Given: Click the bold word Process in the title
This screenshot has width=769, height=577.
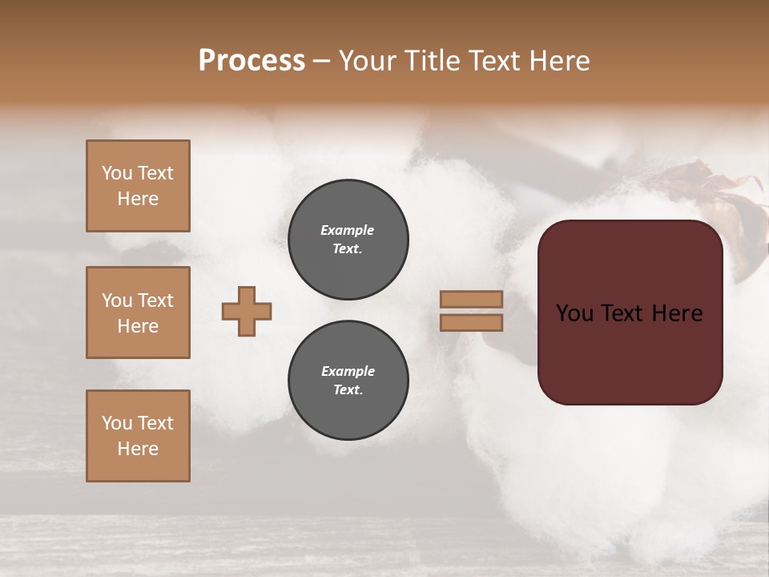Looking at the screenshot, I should (252, 61).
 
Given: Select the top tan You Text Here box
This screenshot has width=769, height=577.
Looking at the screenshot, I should (138, 186).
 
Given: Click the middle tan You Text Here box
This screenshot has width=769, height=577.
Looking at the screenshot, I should (138, 313).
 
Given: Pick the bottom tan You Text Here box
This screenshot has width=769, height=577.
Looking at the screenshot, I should (138, 436).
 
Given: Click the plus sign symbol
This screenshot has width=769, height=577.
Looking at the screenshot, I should (247, 311).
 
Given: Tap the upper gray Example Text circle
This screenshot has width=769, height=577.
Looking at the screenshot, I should (348, 240).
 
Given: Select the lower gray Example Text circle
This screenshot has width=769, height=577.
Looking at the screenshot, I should (348, 381).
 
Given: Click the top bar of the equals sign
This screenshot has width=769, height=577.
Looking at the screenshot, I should (471, 299).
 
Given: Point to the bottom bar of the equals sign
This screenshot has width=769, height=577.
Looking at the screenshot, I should (471, 323).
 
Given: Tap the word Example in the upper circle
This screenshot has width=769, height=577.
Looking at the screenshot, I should (348, 230).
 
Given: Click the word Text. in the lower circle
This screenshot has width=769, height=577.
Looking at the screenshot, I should (348, 390).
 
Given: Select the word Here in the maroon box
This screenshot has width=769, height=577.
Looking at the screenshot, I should (677, 313).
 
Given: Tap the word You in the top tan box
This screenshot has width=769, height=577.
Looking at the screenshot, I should (117, 173).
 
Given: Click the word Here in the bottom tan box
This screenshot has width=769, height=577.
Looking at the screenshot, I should (138, 449).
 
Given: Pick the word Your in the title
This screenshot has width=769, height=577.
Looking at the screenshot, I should (371, 61).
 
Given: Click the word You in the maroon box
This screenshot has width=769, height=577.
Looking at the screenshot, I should (575, 313).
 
